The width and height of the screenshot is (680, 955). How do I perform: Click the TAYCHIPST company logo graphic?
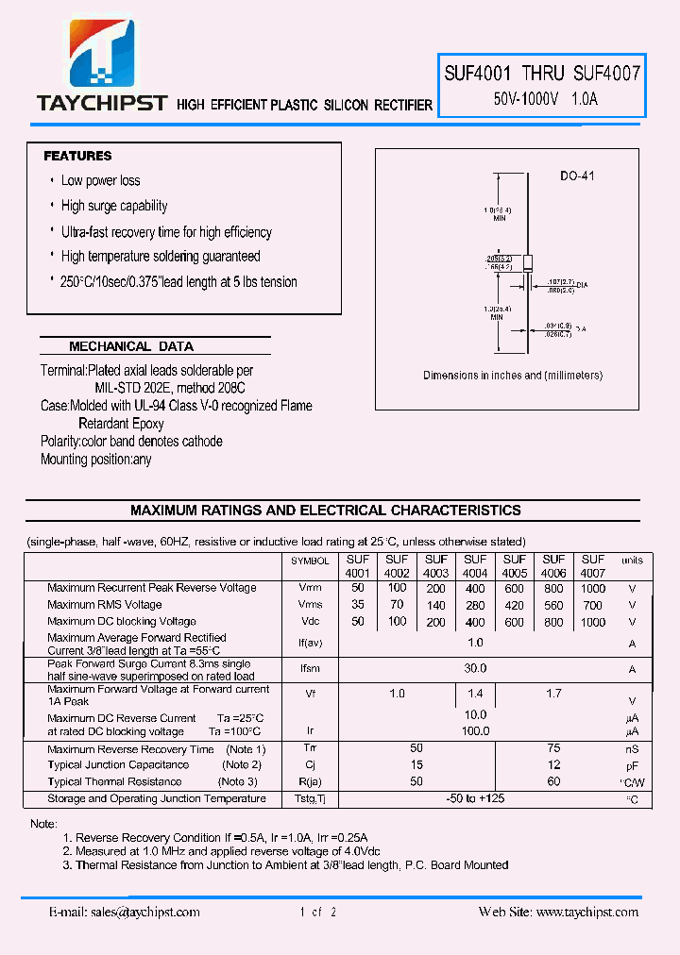(x=102, y=51)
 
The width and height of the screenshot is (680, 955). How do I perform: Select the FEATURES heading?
(x=77, y=156)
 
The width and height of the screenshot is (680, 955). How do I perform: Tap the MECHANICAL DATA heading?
(x=131, y=346)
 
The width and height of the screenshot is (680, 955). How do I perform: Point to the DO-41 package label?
(x=576, y=176)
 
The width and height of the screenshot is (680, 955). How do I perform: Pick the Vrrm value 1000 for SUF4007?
(x=593, y=588)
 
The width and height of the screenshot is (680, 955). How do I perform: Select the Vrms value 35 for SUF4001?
(x=358, y=605)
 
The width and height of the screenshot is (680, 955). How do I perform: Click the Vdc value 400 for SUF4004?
(x=475, y=622)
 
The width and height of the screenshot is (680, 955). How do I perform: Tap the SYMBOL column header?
(x=310, y=561)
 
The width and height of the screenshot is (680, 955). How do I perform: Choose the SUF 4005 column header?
(x=515, y=566)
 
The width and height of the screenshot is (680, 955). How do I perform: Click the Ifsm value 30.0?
(x=475, y=668)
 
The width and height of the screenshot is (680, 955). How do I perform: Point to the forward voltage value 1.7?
(x=553, y=694)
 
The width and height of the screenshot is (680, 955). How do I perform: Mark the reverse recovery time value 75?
(x=553, y=748)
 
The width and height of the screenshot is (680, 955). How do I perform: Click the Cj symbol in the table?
(x=310, y=765)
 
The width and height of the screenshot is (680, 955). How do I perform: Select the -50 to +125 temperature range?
(x=475, y=799)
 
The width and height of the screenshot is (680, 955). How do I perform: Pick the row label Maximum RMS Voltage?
(x=105, y=605)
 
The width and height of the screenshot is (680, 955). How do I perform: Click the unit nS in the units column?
(x=632, y=748)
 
